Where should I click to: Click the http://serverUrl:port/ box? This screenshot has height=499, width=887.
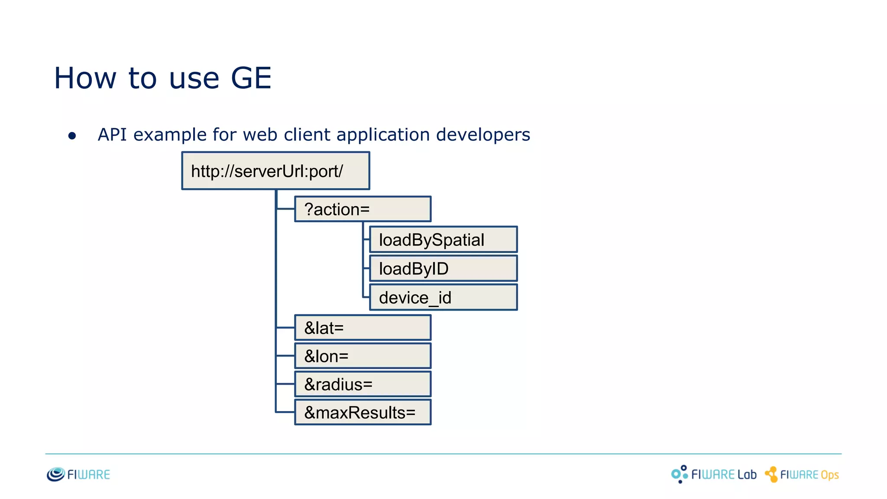tap(275, 171)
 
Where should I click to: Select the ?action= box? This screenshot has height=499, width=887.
tap(363, 209)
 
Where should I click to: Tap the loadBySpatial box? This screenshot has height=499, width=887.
tap(443, 240)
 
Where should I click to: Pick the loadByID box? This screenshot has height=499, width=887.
tap(443, 269)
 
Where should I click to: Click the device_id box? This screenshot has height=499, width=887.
tap(443, 298)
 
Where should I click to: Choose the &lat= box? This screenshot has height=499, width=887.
tap(363, 328)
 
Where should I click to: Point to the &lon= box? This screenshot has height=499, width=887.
tap(363, 356)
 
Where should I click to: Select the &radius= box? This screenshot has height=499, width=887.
tap(363, 384)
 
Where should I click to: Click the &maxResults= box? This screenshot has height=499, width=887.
tap(363, 412)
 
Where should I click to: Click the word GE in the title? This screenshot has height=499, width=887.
tap(251, 78)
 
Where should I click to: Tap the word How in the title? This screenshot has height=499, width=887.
tap(85, 78)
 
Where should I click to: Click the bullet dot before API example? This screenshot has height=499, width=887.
tap(72, 136)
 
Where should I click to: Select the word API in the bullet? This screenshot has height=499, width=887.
tap(112, 135)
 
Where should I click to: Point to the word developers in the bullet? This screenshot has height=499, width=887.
tap(483, 135)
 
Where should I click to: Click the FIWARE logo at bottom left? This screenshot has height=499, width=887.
tap(78, 474)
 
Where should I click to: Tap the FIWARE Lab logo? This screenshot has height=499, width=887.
tap(714, 474)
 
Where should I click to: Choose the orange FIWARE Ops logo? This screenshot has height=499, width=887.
tap(802, 475)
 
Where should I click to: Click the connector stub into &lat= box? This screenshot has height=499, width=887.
tap(285, 328)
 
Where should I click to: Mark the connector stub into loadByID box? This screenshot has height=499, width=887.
tap(366, 269)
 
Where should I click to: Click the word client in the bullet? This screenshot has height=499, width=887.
tap(307, 135)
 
